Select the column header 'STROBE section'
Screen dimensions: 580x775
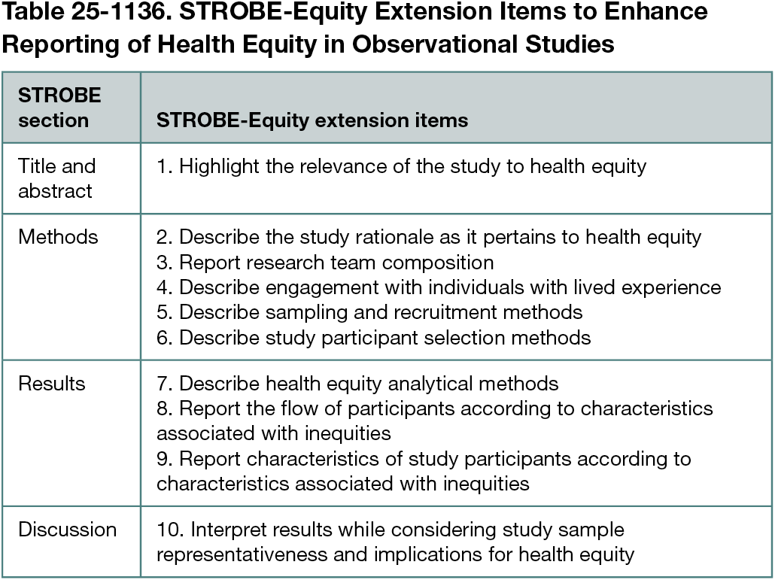pos(59,108)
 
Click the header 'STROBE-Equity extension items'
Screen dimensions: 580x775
pos(312,120)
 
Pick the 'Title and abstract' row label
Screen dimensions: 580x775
pos(56,178)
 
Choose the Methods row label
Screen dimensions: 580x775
pos(58,237)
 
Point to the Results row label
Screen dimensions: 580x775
pos(52,384)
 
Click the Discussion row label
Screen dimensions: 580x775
pos(67,530)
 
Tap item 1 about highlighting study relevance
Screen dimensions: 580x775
pos(401,165)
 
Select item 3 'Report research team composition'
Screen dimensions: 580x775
pos(325,262)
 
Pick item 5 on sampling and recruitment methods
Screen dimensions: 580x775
pos(369,311)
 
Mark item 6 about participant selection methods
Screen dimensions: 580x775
pos(374,337)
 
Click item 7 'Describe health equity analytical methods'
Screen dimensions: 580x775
pos(357,384)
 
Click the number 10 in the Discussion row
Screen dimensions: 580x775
pos(167,530)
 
